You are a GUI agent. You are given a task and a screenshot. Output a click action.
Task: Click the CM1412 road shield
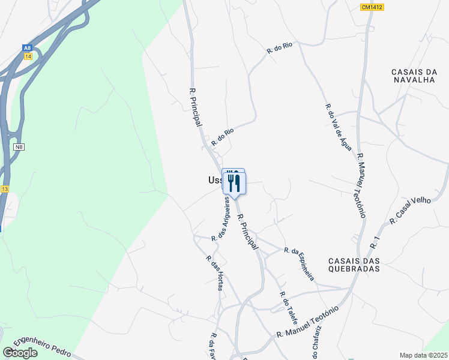372,7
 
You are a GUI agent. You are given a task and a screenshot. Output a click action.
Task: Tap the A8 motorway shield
27,47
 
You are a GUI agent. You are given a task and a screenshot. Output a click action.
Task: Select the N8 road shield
20,146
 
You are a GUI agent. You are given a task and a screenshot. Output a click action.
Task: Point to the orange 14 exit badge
28,56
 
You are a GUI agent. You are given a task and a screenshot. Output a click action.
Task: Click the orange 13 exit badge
5,189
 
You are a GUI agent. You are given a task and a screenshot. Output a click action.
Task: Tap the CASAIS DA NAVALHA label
414,76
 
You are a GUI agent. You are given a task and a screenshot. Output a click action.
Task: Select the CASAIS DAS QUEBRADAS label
354,265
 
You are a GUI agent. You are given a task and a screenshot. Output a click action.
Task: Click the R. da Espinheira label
299,264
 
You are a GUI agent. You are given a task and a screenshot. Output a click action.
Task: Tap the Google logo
20,353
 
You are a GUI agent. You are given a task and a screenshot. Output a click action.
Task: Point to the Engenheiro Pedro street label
42,346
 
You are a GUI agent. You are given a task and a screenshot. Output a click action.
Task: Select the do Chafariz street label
318,342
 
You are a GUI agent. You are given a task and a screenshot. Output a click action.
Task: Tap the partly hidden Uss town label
214,180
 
